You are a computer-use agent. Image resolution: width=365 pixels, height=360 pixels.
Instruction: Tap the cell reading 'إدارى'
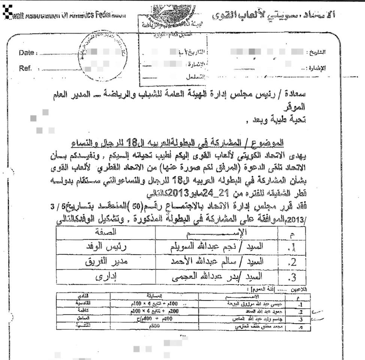click(105, 277)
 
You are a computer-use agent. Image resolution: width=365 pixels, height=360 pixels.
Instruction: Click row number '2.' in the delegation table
click(292, 262)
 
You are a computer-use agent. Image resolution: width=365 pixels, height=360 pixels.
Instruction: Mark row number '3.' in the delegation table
click(292, 278)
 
